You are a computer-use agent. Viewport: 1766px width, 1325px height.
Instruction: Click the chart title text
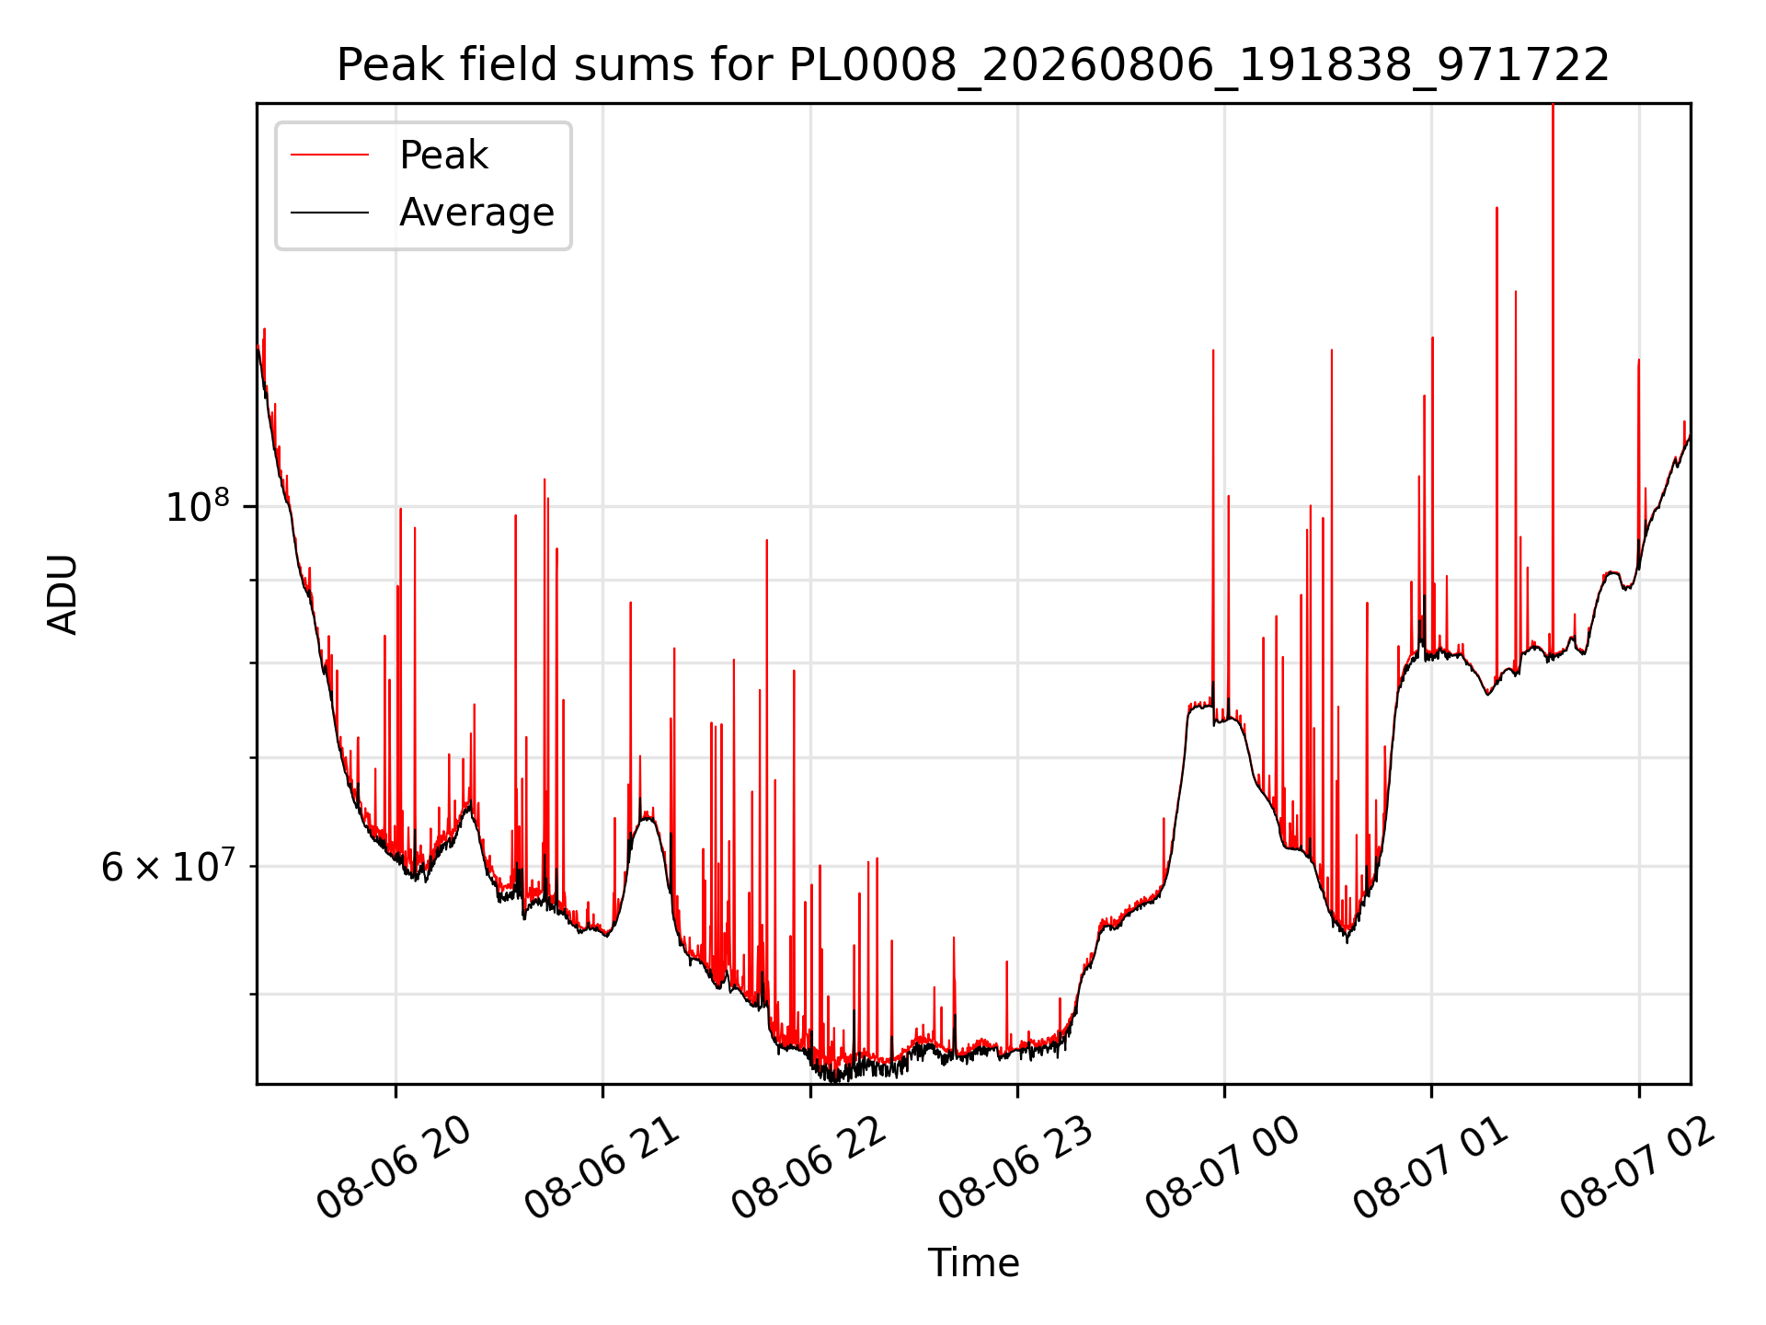coord(973,65)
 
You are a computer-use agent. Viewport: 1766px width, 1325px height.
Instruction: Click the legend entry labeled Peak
coord(443,155)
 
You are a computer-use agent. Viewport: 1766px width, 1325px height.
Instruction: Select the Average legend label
coord(476,213)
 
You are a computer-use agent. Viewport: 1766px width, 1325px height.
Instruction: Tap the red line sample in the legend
coord(330,155)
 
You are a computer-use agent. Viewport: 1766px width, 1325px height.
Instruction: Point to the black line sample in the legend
coord(330,213)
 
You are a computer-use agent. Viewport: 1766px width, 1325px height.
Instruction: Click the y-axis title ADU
coord(63,594)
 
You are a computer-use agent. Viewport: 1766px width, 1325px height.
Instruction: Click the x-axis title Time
coord(973,1263)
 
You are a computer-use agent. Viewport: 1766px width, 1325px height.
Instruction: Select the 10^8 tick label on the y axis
coord(197,506)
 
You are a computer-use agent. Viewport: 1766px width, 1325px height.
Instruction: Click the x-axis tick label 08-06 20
coord(395,1169)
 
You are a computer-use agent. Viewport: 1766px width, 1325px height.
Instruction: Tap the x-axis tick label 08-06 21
coord(602,1169)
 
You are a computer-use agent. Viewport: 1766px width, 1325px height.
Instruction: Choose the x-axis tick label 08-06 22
coord(808,1169)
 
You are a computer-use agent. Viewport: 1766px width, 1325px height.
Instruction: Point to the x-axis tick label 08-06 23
coord(1015,1169)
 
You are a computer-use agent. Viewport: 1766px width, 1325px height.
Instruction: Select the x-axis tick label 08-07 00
coord(1222,1169)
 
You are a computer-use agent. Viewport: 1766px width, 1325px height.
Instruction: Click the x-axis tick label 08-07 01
coord(1429,1169)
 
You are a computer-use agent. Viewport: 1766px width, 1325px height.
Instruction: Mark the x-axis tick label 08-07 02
coord(1636,1169)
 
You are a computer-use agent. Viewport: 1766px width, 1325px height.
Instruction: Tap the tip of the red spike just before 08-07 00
coord(1213,351)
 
